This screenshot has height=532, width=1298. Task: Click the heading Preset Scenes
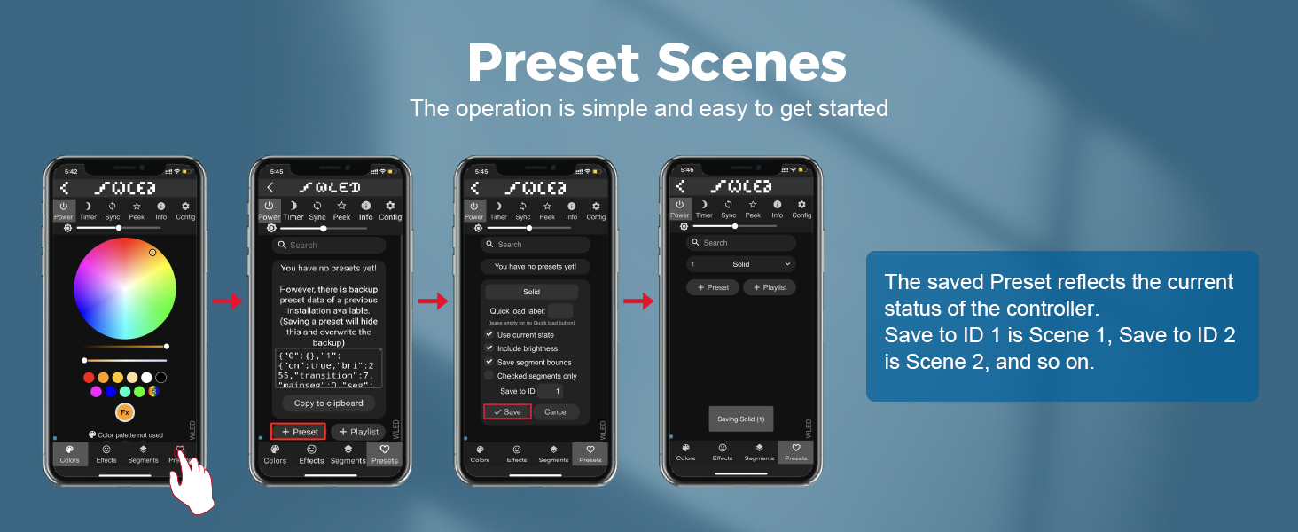point(656,64)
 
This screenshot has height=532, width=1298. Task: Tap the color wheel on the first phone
point(120,287)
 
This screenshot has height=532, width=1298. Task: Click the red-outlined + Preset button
point(299,432)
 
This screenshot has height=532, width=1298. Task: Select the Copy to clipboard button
point(328,403)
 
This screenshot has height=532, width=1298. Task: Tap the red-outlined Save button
point(507,411)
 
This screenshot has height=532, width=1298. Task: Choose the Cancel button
point(556,411)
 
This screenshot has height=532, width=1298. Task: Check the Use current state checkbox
point(489,335)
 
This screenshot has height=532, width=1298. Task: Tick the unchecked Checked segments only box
point(489,376)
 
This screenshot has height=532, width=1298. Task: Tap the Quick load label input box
point(560,310)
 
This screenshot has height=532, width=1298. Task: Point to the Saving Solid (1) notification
point(741,419)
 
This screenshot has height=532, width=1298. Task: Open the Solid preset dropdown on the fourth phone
point(741,264)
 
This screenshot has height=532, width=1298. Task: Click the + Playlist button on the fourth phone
point(770,287)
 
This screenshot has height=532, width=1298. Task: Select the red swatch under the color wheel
point(89,378)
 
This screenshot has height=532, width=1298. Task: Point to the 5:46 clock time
point(687,169)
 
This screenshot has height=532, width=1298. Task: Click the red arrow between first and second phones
point(227,301)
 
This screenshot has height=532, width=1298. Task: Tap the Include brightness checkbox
point(489,348)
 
